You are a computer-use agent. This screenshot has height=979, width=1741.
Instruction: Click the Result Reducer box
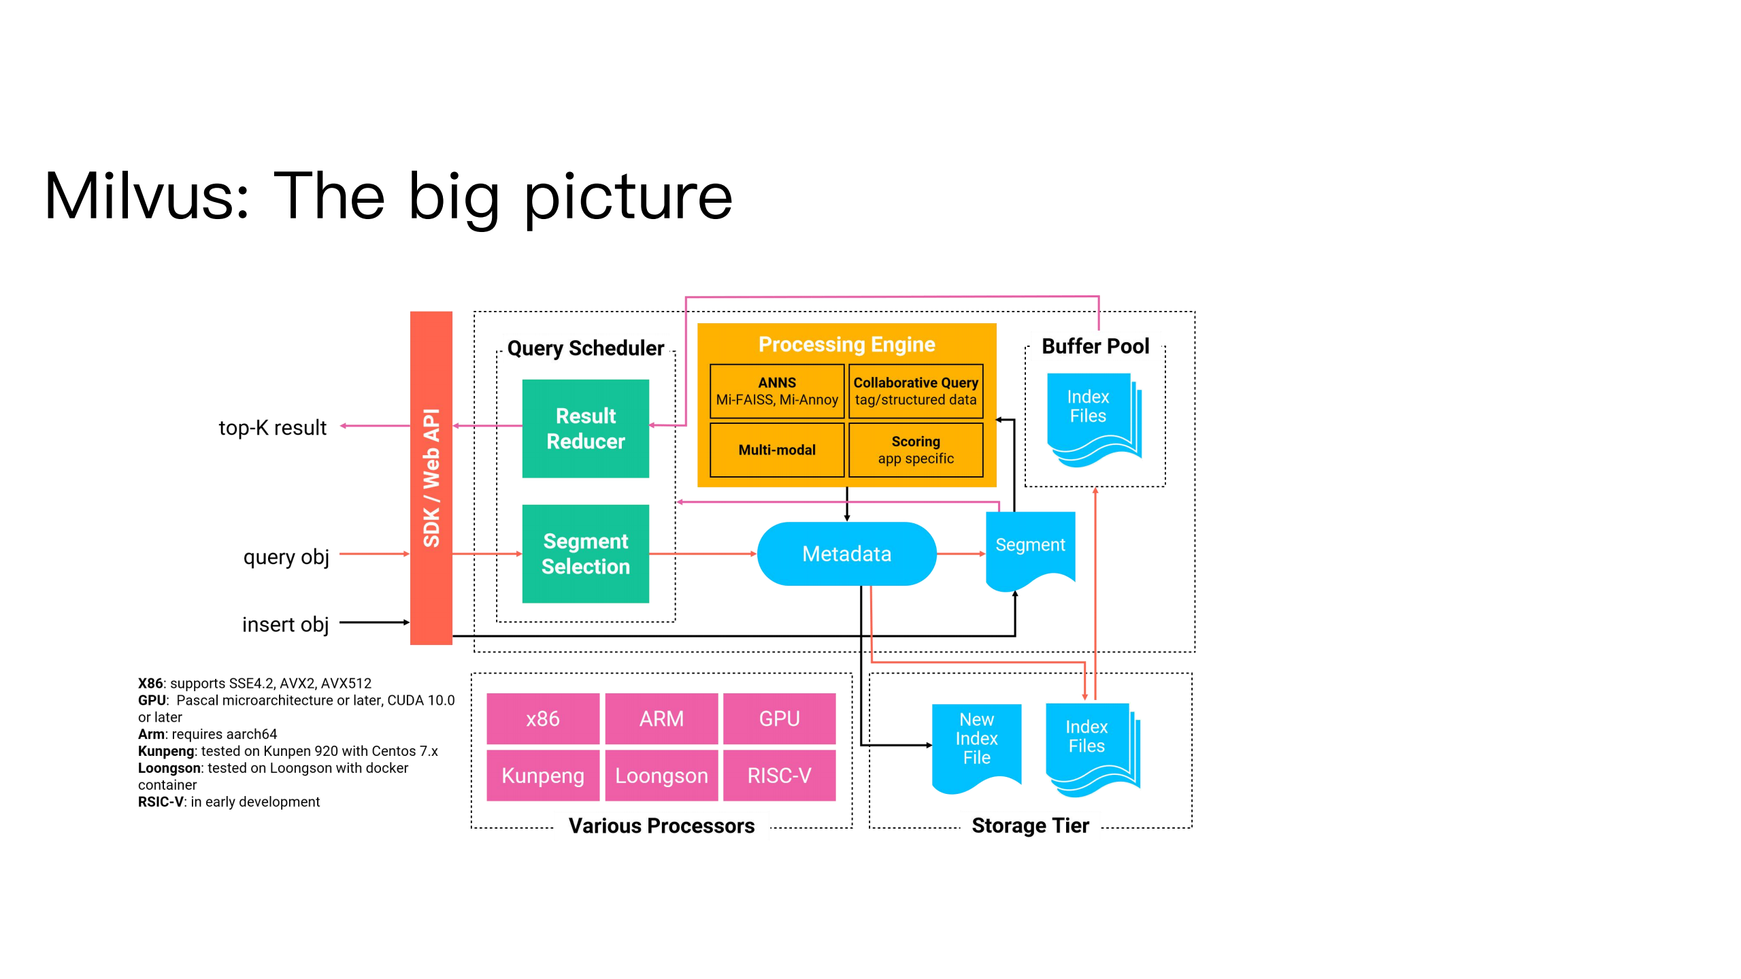tap(585, 429)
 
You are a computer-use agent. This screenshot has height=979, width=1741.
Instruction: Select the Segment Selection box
tap(585, 554)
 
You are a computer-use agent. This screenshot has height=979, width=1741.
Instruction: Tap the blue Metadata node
tap(846, 554)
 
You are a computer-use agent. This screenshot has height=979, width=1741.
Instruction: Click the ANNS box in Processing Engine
tap(776, 391)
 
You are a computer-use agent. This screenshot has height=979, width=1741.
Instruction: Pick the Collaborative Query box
tap(915, 391)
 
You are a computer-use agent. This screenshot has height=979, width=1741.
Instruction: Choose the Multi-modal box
tap(776, 450)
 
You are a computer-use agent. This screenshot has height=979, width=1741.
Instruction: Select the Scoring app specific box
tap(915, 450)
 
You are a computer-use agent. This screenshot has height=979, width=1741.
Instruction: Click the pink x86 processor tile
tap(542, 718)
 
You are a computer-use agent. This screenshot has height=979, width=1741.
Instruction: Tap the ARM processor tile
tap(661, 718)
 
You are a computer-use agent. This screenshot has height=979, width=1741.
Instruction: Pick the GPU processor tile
tap(779, 718)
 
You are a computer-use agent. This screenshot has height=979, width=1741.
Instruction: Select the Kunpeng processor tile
tap(542, 776)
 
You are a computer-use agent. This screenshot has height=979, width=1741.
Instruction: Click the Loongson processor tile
tap(661, 776)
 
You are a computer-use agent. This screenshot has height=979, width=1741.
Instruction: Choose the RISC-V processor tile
tap(779, 776)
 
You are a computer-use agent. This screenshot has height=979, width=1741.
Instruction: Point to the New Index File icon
tap(976, 745)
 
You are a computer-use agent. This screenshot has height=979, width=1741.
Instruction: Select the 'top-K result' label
tap(272, 428)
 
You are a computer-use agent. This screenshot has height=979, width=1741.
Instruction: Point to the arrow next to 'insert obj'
tap(374, 623)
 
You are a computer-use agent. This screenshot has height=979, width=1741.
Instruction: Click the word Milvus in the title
tap(147, 197)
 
